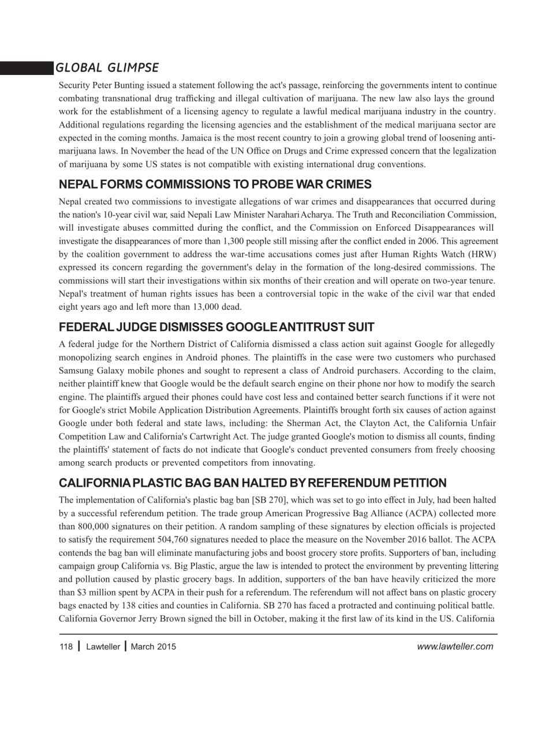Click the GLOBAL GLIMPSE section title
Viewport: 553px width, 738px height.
coord(107,68)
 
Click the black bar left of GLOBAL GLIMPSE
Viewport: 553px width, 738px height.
coord(26,68)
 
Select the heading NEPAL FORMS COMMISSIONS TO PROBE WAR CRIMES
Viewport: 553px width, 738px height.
coord(215,185)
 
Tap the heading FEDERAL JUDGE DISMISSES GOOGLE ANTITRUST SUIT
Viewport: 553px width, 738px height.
coord(216,327)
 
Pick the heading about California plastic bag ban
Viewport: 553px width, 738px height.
coord(252,483)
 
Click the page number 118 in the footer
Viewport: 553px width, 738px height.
coord(66,647)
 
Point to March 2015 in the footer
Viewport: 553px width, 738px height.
coord(153,647)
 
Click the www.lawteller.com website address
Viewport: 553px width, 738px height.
coord(454,647)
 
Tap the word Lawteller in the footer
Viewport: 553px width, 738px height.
coord(103,647)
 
